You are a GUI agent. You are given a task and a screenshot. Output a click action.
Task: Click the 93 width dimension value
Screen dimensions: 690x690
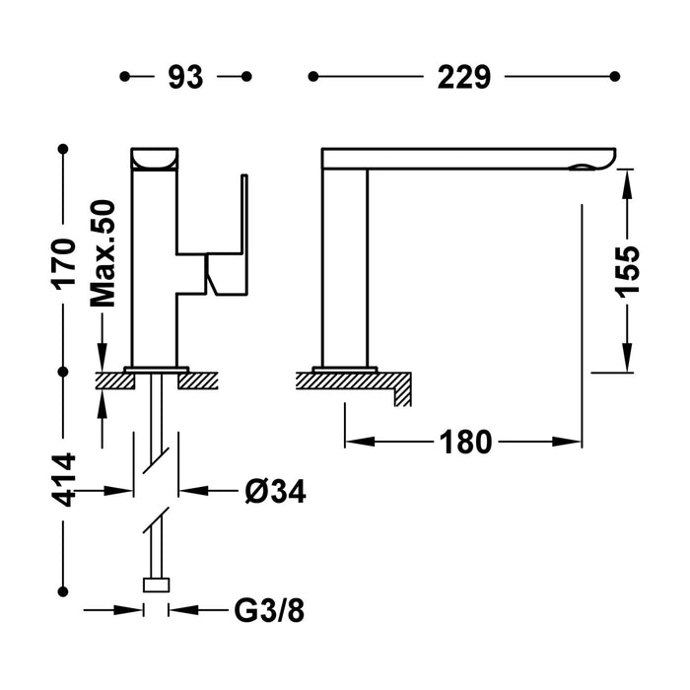click(184, 77)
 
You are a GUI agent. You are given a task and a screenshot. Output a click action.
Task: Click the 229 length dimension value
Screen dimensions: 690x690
click(462, 77)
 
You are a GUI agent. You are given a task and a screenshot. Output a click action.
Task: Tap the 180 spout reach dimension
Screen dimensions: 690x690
click(463, 443)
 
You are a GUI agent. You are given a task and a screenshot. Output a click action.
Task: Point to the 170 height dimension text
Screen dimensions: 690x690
click(64, 261)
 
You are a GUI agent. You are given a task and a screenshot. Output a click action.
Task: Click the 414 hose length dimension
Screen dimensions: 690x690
click(64, 480)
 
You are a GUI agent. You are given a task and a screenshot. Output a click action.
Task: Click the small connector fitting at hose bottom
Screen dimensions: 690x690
click(156, 585)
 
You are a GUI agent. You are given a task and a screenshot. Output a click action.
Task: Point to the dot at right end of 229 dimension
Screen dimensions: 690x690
click(616, 76)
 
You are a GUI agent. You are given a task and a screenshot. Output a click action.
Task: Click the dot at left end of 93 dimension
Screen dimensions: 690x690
click(123, 76)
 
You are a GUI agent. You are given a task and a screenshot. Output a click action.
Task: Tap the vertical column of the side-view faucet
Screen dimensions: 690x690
click(345, 266)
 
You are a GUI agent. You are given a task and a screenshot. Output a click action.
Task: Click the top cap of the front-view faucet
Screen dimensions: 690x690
click(155, 158)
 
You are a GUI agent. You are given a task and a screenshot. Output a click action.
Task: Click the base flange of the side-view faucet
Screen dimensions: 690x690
click(344, 369)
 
